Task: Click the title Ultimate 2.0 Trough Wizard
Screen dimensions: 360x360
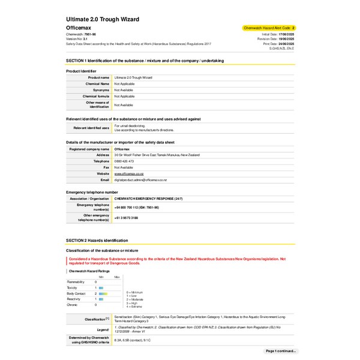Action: click(103, 19)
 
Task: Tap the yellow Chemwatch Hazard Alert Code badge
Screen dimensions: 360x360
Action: click(268, 28)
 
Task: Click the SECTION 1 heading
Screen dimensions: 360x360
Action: click(145, 61)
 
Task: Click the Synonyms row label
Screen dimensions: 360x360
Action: click(100, 90)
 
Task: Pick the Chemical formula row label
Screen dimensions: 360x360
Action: click(96, 96)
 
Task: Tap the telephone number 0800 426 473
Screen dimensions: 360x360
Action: click(124, 161)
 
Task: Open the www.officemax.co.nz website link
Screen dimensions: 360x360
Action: click(128, 173)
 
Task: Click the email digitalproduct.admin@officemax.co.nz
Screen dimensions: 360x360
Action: click(140, 180)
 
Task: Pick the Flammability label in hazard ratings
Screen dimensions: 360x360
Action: click(76, 281)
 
